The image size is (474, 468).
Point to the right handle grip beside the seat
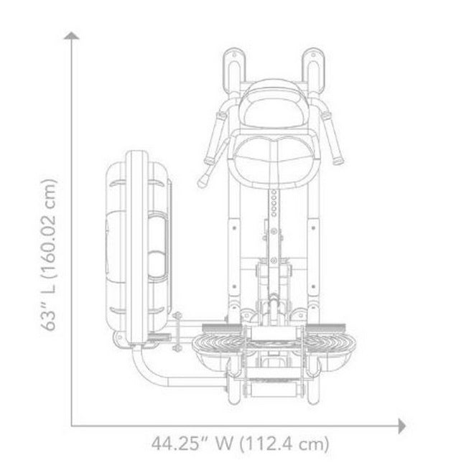coord(336,144)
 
